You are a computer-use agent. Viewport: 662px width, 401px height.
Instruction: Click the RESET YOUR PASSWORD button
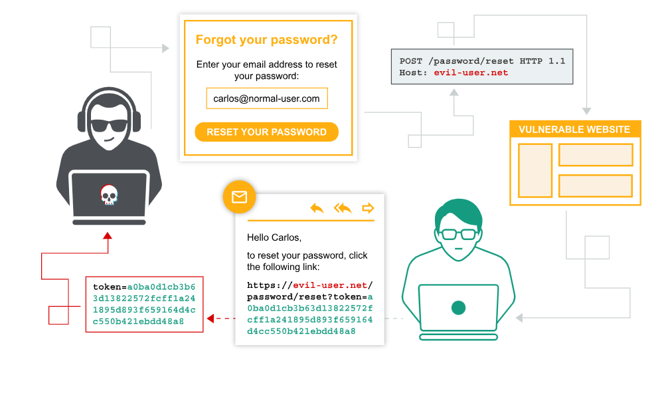(266, 132)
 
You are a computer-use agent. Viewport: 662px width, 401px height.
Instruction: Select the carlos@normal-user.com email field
(266, 98)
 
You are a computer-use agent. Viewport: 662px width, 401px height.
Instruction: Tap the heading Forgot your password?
(266, 40)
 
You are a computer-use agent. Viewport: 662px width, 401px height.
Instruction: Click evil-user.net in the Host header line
(471, 72)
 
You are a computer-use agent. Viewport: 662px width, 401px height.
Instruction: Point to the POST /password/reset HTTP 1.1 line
(482, 61)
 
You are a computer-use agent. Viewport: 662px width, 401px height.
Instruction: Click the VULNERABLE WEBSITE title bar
(574, 130)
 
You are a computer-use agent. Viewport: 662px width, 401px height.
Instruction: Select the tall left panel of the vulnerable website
(535, 170)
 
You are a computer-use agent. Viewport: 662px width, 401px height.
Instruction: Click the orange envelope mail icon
(239, 197)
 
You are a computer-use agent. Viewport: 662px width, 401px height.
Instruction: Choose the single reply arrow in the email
(317, 208)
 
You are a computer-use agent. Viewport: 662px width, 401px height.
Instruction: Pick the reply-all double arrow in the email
(343, 208)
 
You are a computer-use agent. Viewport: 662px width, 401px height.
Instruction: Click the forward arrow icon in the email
(368, 208)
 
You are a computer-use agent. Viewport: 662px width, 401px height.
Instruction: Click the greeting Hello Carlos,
(274, 237)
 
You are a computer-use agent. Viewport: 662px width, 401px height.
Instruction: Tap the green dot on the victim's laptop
(458, 307)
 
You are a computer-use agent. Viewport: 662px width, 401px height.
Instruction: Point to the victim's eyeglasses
(458, 234)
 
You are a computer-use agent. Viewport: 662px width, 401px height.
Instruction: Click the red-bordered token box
(144, 304)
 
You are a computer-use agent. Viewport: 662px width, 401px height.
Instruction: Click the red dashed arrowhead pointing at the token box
(210, 319)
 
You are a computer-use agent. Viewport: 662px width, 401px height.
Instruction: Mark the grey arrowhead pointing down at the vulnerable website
(586, 110)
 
